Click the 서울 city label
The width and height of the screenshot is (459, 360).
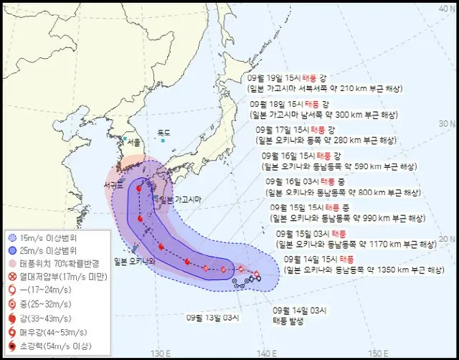[133, 142]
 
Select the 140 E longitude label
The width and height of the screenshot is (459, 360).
[266, 353]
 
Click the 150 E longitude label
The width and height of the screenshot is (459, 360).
[376, 353]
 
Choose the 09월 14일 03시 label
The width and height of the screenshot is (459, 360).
[301, 310]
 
